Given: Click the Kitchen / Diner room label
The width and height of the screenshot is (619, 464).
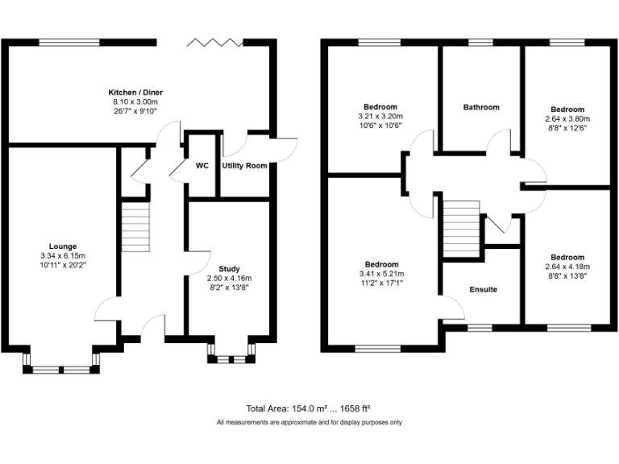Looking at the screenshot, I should pos(135,92).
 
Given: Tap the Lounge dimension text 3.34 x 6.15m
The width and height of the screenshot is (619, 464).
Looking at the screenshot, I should pos(62,256).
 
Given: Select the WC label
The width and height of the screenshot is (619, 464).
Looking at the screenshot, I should pos(202,165).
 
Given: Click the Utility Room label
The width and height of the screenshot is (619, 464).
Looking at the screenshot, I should pos(244,165).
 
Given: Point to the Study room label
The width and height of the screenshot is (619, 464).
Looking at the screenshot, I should pos(229,269).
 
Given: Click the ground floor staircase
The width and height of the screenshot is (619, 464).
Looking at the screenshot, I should pos(135,227).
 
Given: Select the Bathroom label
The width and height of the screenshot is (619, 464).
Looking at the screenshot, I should pos(480,107).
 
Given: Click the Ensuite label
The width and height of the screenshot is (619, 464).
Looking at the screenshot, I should pos(483,289).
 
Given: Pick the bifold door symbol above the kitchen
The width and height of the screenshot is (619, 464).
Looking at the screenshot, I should pos(214,42).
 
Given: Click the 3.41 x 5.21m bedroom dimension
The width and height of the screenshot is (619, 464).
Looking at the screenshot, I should pos(381,274).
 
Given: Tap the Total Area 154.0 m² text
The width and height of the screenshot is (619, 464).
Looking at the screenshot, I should pos(308,409).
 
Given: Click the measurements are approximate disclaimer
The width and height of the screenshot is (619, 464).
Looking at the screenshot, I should pos(309,422).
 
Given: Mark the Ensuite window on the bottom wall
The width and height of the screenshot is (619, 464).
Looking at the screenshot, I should pos(483,326).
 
